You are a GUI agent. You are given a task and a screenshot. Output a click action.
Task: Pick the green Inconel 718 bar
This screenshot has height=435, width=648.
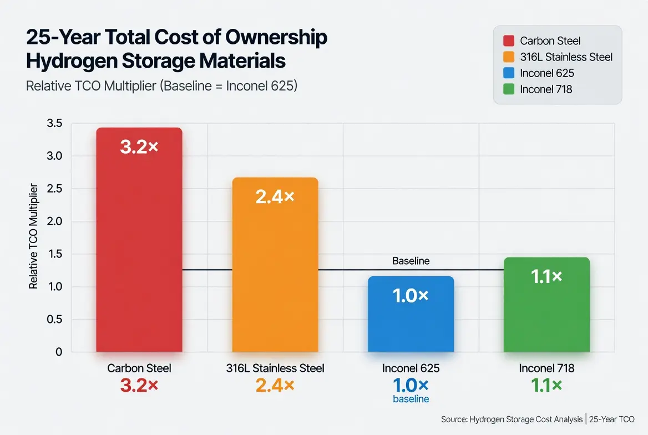pyautogui.click(x=546, y=311)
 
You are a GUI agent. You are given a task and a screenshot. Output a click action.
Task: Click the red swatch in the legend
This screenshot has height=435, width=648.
pyautogui.click(x=508, y=41)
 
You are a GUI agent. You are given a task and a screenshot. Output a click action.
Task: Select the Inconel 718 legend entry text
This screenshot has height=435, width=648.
pyautogui.click(x=546, y=89)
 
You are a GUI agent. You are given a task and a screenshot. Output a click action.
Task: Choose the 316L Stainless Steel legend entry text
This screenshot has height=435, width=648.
pyautogui.click(x=566, y=57)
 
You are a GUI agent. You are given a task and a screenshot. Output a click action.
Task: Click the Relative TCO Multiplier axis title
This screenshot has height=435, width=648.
pyautogui.click(x=33, y=236)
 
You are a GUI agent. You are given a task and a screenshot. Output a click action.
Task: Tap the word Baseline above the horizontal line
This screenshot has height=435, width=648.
pyautogui.click(x=411, y=261)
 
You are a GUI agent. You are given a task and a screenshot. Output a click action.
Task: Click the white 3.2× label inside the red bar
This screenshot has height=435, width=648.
pyautogui.click(x=139, y=147)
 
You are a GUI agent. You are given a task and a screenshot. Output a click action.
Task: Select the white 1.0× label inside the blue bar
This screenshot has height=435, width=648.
pyautogui.click(x=411, y=296)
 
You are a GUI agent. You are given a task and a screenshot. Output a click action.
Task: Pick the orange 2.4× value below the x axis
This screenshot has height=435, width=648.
pyautogui.click(x=275, y=385)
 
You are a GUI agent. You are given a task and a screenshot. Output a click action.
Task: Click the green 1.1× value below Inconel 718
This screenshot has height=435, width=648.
pyautogui.click(x=546, y=385)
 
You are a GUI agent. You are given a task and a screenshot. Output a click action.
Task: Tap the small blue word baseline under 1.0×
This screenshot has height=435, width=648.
pyautogui.click(x=411, y=399)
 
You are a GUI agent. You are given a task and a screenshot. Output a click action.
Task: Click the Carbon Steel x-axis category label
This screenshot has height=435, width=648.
pyautogui.click(x=139, y=368)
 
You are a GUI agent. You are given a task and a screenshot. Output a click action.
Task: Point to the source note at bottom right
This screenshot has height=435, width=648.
pyautogui.click(x=537, y=419)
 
